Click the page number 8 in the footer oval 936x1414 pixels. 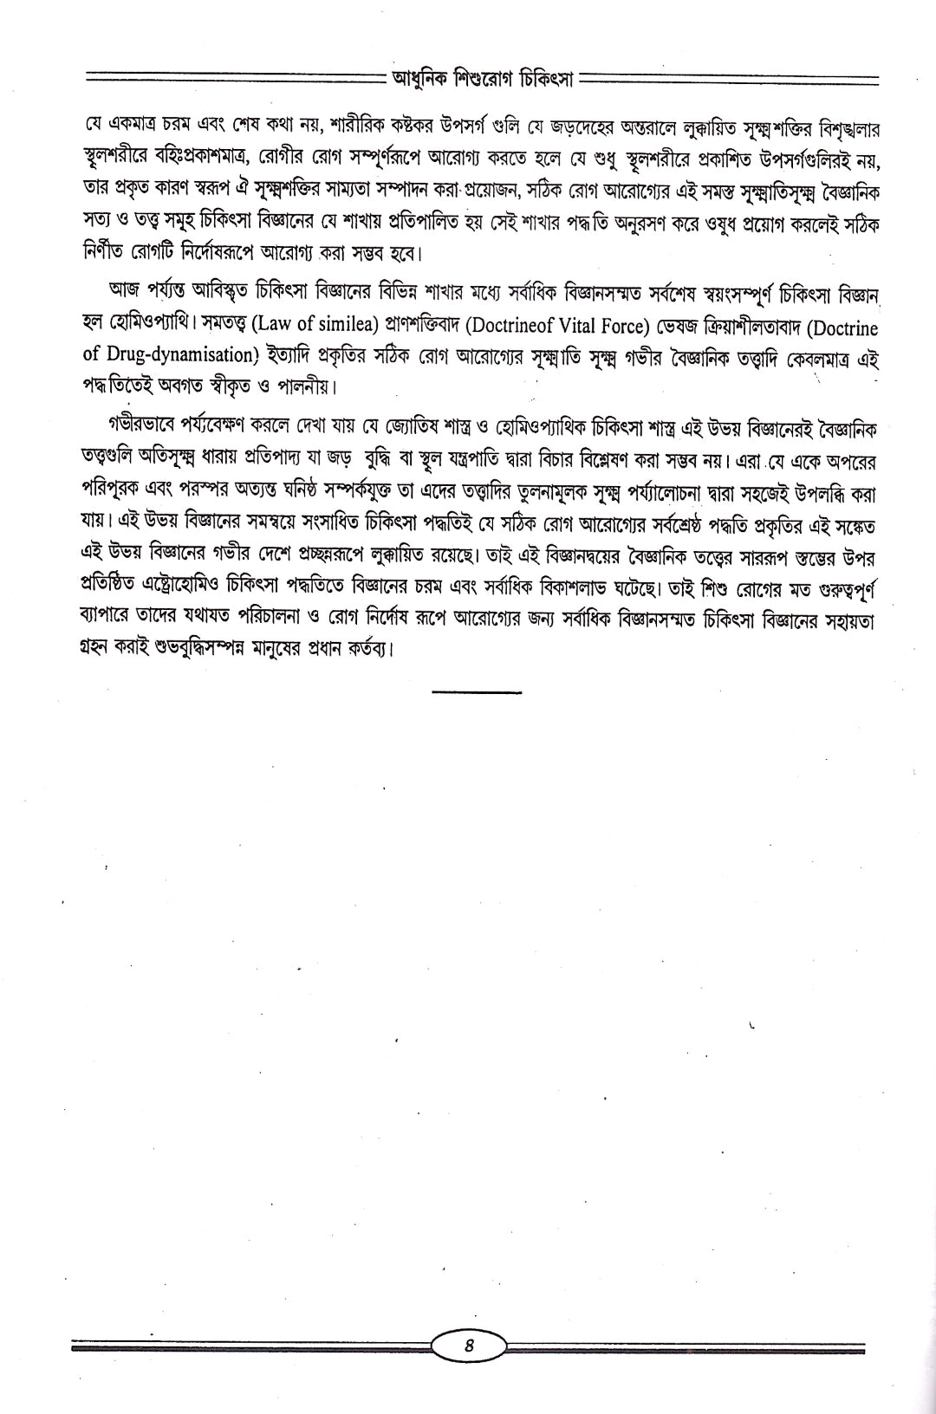468,1346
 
